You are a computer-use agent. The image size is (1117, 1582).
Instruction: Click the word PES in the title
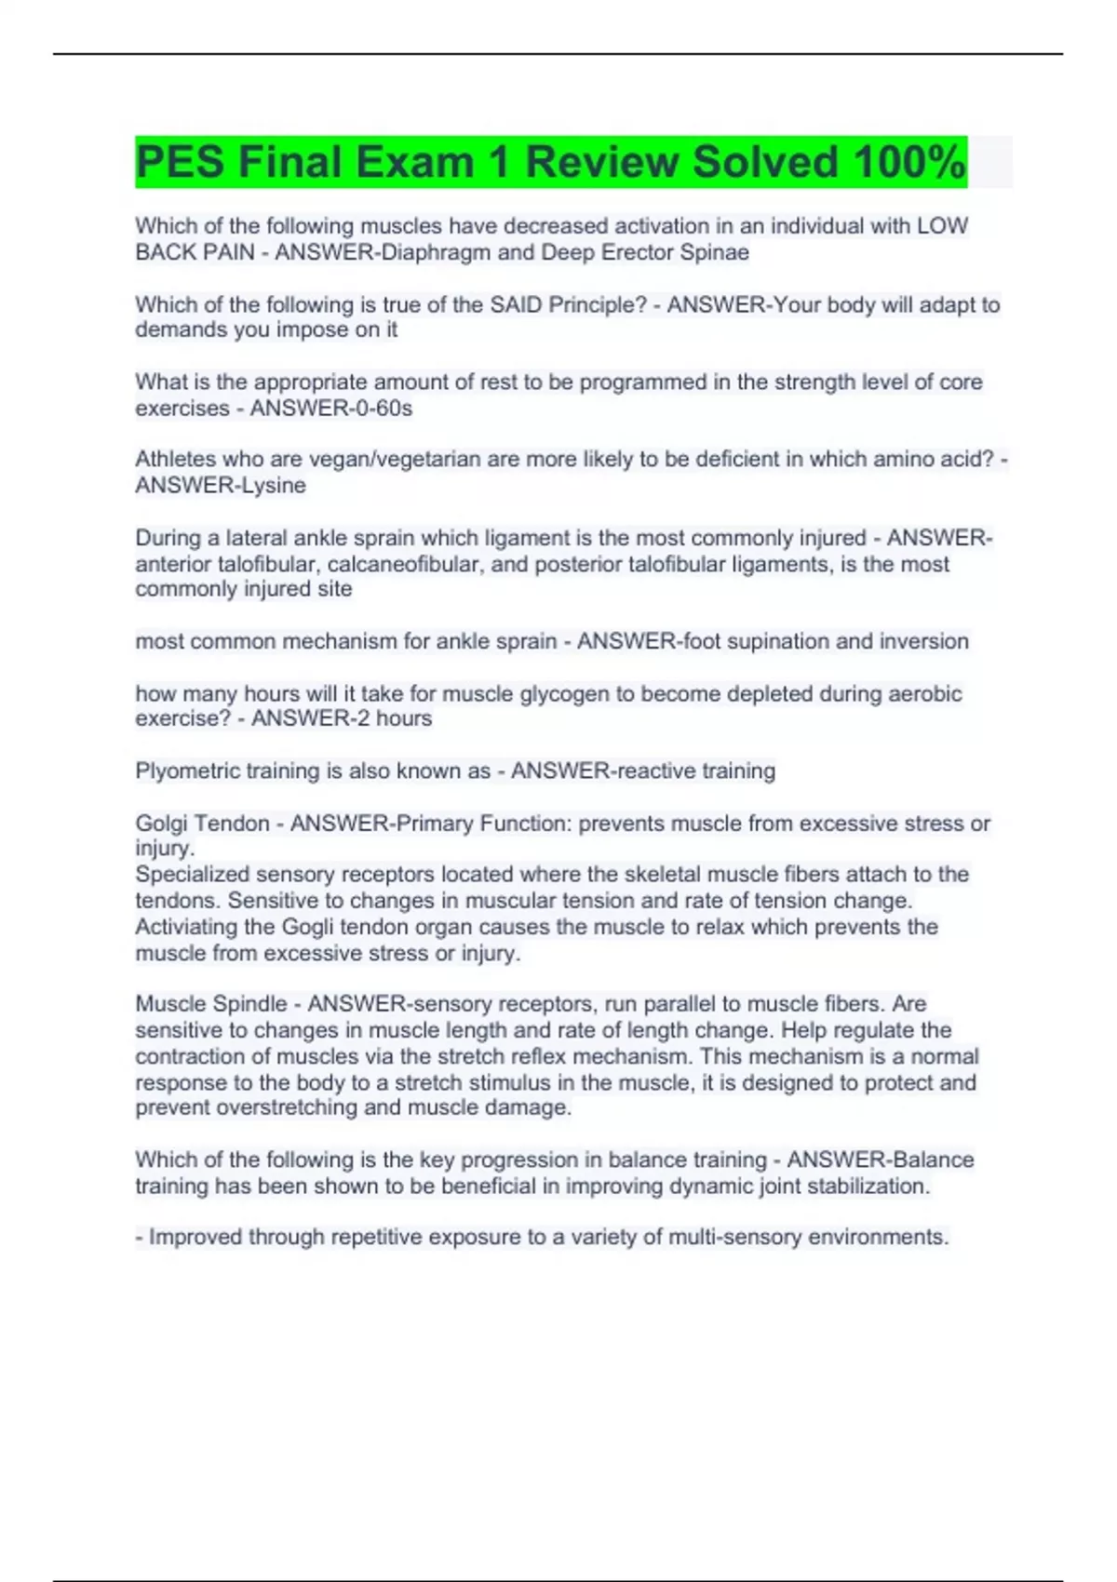click(x=180, y=162)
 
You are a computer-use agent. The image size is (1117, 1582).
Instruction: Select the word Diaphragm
click(x=437, y=252)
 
